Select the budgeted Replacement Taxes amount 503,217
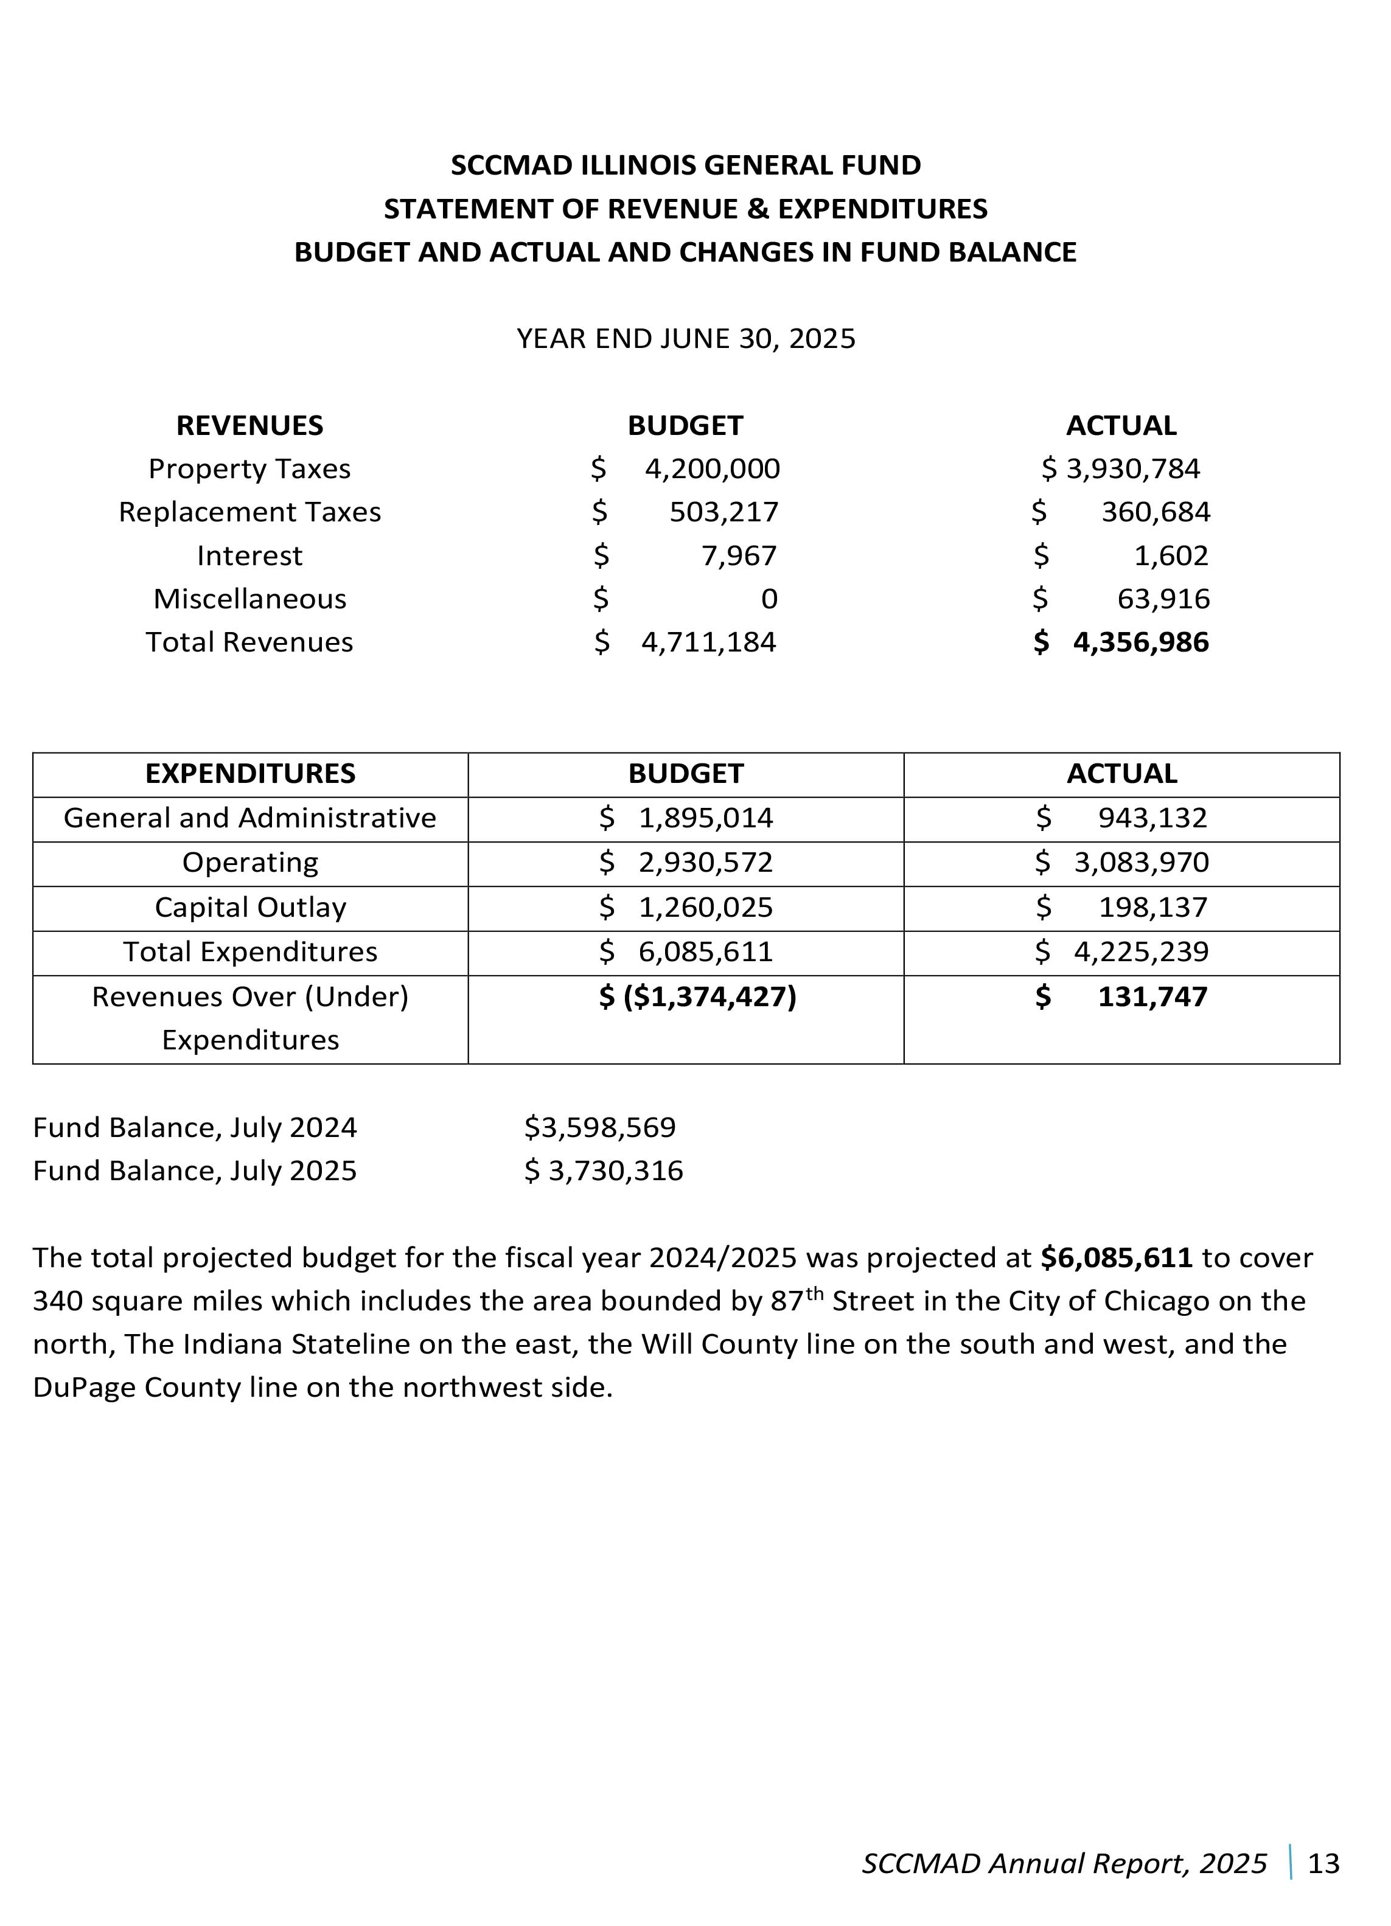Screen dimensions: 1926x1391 pos(723,512)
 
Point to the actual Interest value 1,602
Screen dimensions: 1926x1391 pos(1171,555)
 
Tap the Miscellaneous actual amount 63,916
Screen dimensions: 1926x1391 pos(1163,599)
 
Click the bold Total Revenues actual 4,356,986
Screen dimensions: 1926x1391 pos(1140,642)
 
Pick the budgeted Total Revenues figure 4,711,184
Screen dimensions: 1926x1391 pos(708,642)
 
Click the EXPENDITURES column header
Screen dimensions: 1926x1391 pos(251,774)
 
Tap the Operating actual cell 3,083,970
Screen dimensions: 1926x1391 pos(1140,863)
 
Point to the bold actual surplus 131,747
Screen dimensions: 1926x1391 pos(1152,996)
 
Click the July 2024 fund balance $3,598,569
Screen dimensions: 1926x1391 pos(599,1128)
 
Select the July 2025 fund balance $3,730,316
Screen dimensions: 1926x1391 pos(603,1171)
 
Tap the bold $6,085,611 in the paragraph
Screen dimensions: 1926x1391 pos(1117,1257)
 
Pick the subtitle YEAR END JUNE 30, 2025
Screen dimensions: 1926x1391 pos(686,339)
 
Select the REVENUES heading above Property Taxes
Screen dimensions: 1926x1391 pos(249,425)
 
